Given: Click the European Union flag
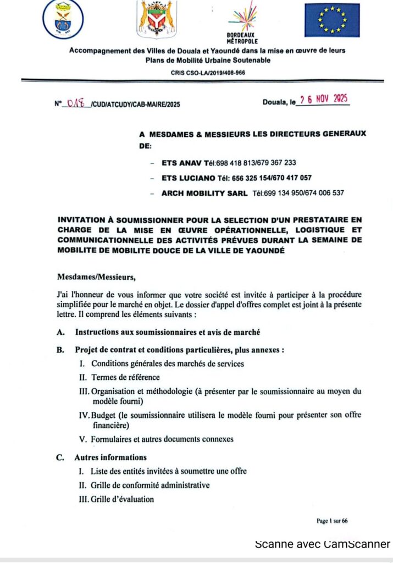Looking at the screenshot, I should pyautogui.click(x=333, y=20).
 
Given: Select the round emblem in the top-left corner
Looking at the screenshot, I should pyautogui.click(x=63, y=20).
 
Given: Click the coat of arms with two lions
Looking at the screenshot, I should pyautogui.click(x=157, y=19).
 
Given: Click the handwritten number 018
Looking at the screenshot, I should pyautogui.click(x=78, y=103).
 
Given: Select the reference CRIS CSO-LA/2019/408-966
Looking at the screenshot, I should pyautogui.click(x=208, y=72).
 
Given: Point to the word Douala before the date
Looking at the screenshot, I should pyautogui.click(x=275, y=102).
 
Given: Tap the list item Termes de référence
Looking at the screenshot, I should pyautogui.click(x=126, y=377).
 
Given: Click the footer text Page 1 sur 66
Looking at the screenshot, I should pyautogui.click(x=332, y=521).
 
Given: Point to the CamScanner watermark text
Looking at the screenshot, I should pyautogui.click(x=322, y=544).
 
